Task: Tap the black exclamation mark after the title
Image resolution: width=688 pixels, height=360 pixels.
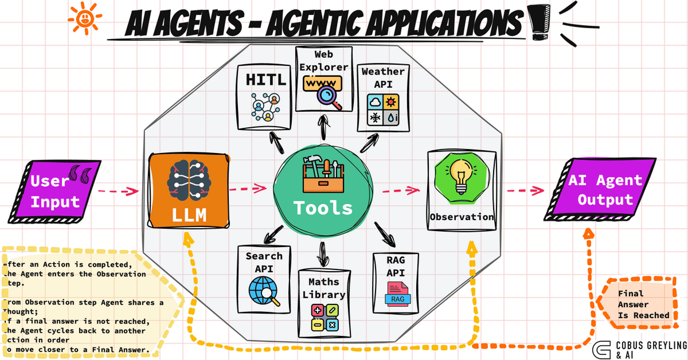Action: pyautogui.click(x=539, y=21)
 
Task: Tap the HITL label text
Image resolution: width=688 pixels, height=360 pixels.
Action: pyautogui.click(x=265, y=80)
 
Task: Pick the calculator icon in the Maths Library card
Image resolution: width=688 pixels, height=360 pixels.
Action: pyautogui.click(x=324, y=318)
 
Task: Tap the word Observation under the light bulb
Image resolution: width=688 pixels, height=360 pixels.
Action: pyautogui.click(x=462, y=217)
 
